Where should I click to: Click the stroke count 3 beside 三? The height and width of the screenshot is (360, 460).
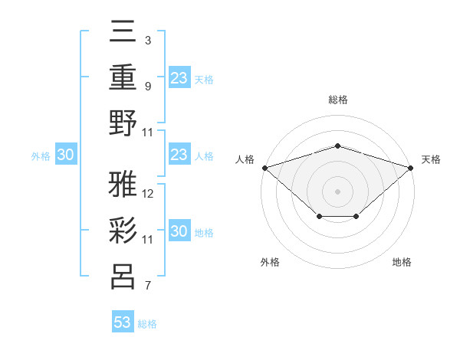click(x=148, y=40)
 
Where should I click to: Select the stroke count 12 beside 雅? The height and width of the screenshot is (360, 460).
click(x=148, y=193)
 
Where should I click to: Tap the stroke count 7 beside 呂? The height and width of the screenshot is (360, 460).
click(x=148, y=286)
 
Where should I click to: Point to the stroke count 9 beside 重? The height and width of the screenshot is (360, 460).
click(x=148, y=86)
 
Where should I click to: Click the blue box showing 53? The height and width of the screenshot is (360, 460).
click(x=123, y=322)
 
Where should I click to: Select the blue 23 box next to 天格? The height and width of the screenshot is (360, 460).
click(x=179, y=78)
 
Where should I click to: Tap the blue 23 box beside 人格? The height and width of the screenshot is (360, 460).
click(x=179, y=155)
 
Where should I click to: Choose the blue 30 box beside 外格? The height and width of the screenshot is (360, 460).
click(x=65, y=155)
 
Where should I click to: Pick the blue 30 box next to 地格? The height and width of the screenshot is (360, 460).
click(x=179, y=231)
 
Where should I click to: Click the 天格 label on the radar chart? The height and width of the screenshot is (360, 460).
click(x=432, y=159)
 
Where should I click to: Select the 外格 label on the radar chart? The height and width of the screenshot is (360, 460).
click(x=270, y=262)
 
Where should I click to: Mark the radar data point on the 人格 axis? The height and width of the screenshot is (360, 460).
click(x=264, y=167)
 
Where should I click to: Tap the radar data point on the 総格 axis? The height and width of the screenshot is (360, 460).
click(x=337, y=146)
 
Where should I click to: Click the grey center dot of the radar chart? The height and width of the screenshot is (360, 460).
click(x=337, y=191)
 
